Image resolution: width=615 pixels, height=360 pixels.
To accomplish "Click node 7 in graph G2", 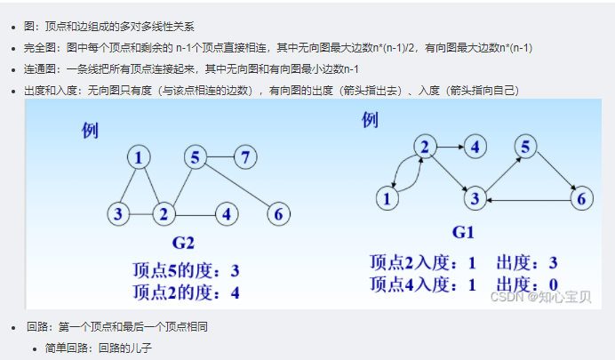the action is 246,158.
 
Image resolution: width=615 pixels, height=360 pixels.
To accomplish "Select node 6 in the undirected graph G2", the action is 278,213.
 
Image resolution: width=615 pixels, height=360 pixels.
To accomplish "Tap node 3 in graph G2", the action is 119,213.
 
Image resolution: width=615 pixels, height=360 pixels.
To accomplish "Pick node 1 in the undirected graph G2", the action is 139,158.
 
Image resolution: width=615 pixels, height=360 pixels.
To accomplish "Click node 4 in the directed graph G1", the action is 475,146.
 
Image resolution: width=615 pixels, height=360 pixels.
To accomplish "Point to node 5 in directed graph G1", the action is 527,146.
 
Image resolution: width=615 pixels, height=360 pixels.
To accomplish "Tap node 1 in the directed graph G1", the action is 387,198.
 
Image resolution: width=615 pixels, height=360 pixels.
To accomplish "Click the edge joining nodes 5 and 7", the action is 220,158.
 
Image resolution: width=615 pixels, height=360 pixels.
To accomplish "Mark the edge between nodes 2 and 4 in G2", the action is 195,213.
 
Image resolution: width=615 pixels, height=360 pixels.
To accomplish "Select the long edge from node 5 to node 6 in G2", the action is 237,186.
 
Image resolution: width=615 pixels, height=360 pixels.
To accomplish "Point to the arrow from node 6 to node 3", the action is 529,201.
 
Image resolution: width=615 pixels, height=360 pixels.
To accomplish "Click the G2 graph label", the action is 183,242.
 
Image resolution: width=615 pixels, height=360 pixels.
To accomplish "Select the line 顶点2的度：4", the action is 186,291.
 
